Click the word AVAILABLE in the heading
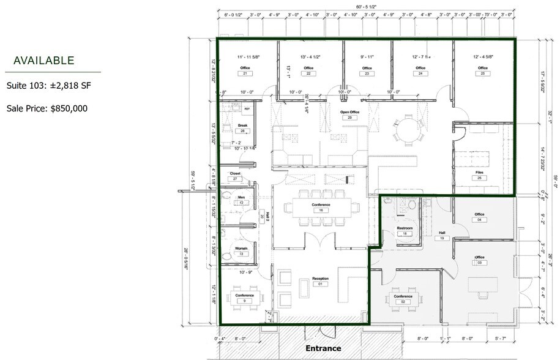point(43,61)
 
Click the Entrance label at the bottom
point(323,348)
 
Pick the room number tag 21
point(245,73)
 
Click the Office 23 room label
point(367,68)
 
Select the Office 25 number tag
point(482,73)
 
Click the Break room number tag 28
point(243,131)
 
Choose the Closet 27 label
point(236,174)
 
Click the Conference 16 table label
point(321,204)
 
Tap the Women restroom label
point(241,248)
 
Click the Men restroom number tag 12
point(241,203)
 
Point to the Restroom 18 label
point(405,228)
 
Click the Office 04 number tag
point(479,219)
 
